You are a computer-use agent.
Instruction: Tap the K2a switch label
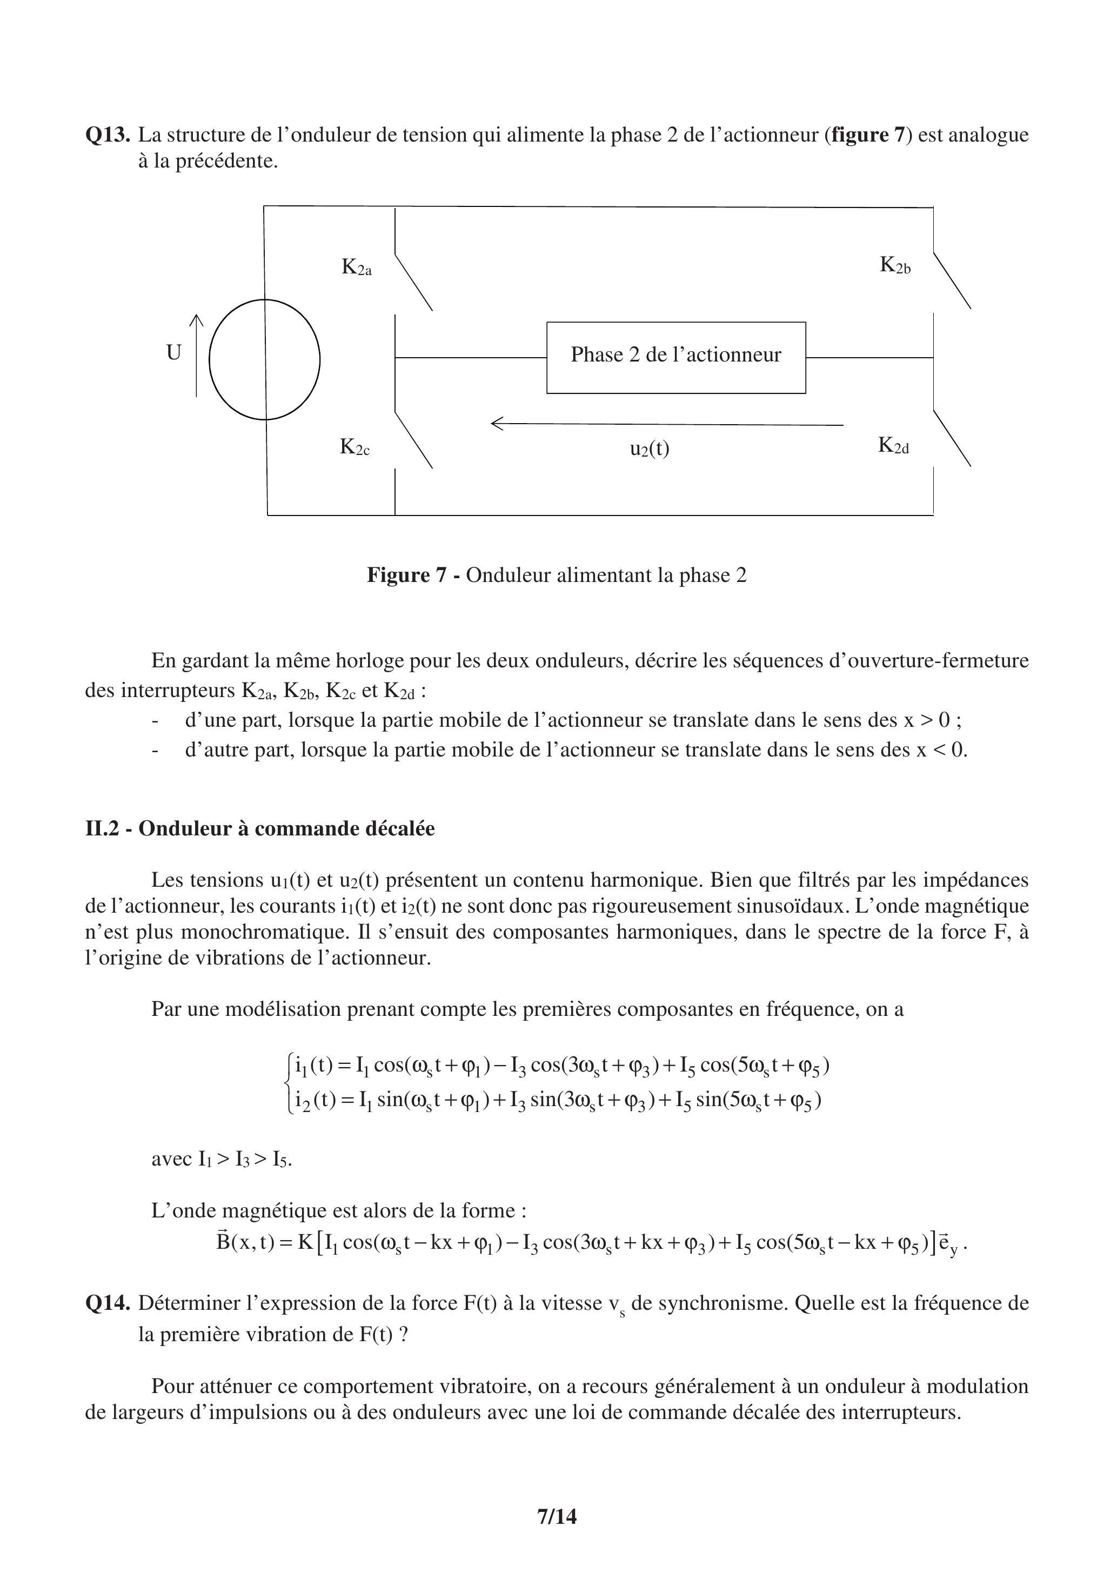(357, 267)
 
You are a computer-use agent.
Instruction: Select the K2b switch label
(895, 265)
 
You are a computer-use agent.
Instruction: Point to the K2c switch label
(355, 447)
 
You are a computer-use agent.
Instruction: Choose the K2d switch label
(893, 446)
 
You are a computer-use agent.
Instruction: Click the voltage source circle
(265, 359)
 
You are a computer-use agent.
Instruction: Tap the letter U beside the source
(173, 353)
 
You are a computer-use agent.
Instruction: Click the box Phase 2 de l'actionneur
(676, 357)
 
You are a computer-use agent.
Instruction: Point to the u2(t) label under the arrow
(650, 448)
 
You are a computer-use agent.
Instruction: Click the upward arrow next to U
(196, 355)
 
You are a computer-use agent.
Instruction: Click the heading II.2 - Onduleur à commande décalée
(259, 828)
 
